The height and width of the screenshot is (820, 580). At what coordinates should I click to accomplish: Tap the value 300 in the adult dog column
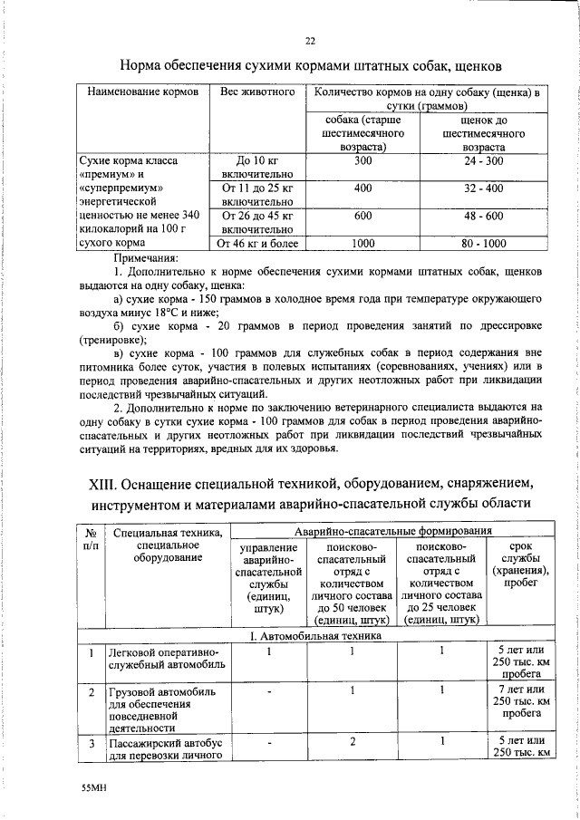[362, 160]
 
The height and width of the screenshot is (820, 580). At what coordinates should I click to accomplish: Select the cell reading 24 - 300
[482, 160]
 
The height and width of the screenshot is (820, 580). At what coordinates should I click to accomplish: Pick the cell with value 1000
[362, 243]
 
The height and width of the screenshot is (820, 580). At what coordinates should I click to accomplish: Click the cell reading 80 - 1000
[482, 243]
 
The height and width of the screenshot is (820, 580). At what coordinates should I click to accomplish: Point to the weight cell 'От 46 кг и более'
[256, 243]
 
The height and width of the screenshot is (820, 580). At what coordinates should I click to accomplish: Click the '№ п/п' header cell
[91, 541]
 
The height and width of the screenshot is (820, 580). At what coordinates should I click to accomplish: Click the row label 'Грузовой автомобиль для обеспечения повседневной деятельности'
[162, 709]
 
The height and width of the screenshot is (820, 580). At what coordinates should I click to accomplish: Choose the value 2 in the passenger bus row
[351, 741]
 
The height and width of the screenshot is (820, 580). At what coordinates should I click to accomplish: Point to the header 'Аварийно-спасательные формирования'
[392, 531]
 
